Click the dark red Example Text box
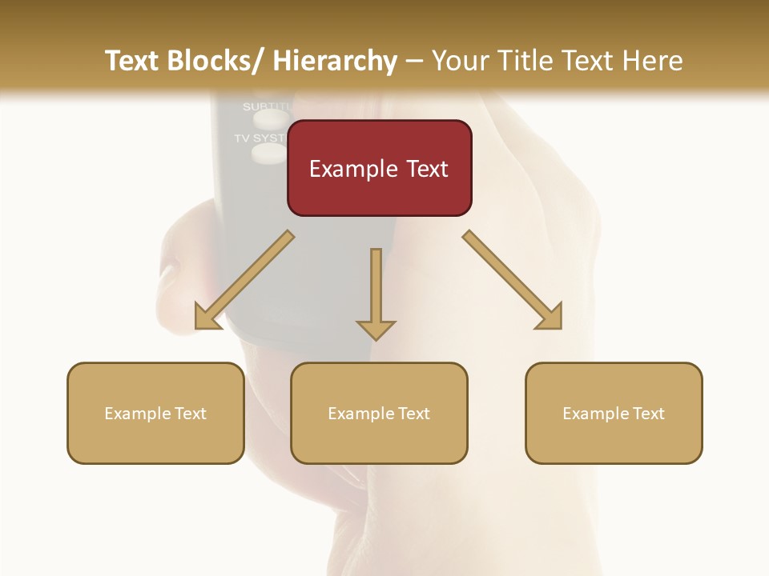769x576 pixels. [379, 168]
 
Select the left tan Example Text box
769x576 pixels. [155, 413]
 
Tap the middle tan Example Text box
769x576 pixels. [379, 413]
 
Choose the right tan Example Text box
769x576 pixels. [614, 413]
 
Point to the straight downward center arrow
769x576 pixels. [376, 293]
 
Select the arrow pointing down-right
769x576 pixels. [513, 280]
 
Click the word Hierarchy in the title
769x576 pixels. [335, 61]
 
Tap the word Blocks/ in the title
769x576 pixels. [215, 61]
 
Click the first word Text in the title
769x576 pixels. [132, 61]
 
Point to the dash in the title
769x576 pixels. [414, 61]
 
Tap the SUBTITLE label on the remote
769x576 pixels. [265, 106]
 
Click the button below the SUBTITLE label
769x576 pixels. [270, 120]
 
